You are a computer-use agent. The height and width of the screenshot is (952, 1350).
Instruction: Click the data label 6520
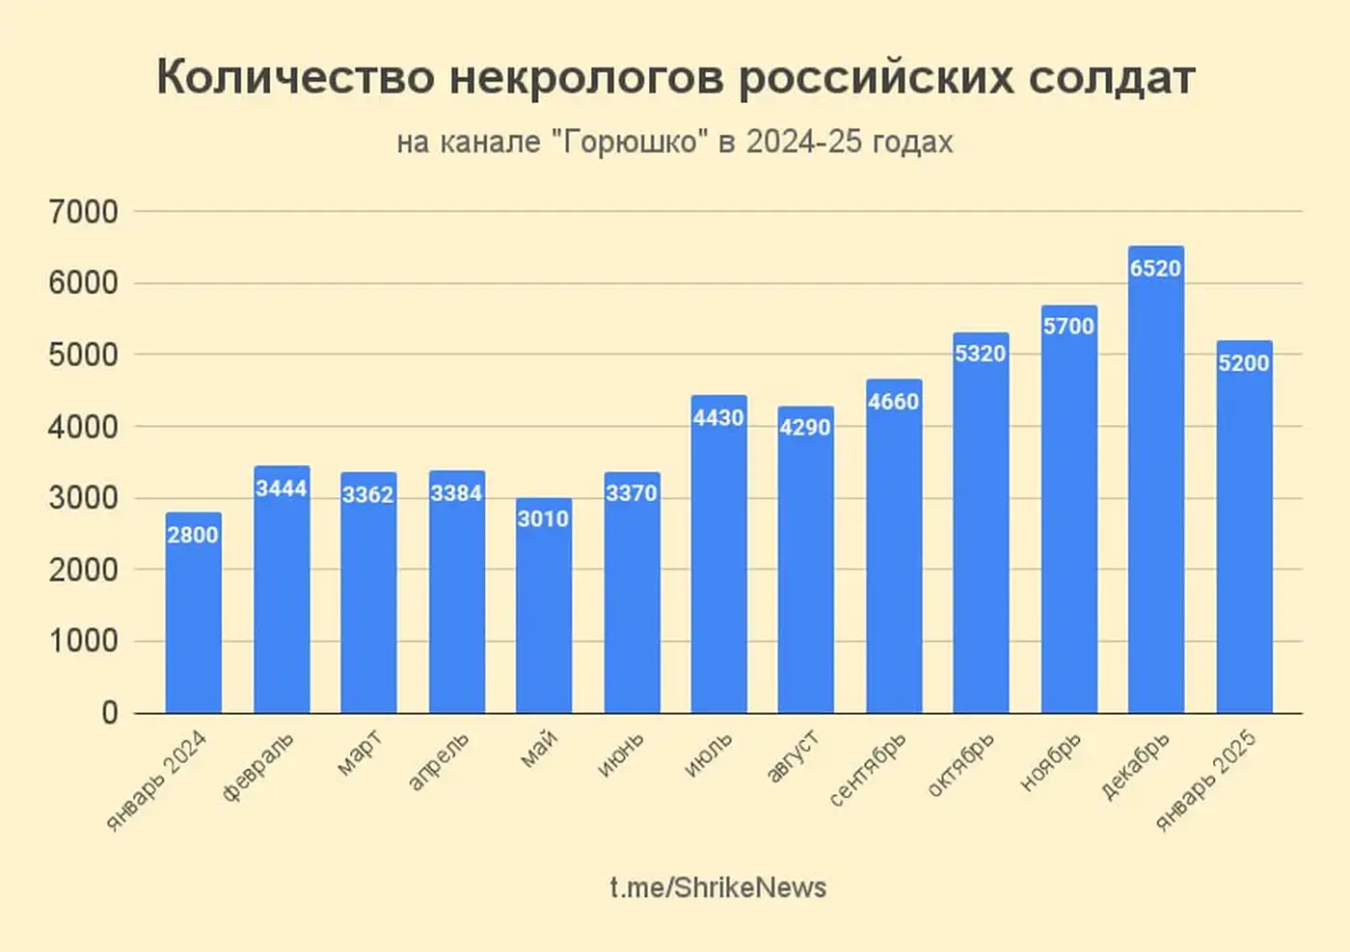pos(1155,269)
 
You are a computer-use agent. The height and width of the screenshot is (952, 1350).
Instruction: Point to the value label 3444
pos(281,489)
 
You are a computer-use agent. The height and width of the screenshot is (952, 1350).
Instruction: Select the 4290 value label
pos(805,427)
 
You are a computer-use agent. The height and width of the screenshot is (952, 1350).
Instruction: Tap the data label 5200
pos(1243,363)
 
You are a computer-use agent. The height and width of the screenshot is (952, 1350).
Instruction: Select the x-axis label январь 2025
pos(1206,780)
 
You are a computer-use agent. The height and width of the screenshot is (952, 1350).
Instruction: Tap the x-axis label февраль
pos(258,767)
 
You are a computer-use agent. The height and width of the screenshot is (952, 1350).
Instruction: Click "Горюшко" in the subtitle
pos(629,142)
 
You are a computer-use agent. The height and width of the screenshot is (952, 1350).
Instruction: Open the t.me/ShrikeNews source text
pos(717,887)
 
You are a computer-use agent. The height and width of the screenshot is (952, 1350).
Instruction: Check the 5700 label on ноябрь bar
pos(1068,327)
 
